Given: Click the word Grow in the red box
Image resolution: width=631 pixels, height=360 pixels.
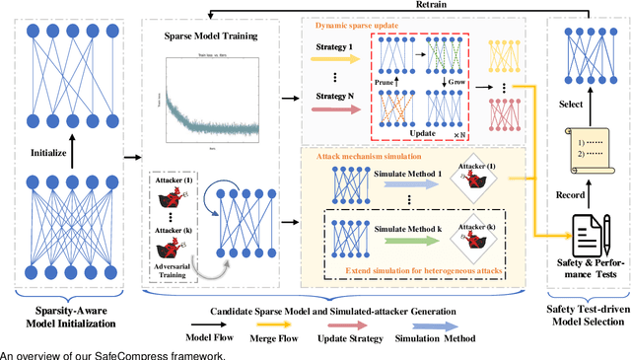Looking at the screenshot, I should (x=457, y=85).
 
